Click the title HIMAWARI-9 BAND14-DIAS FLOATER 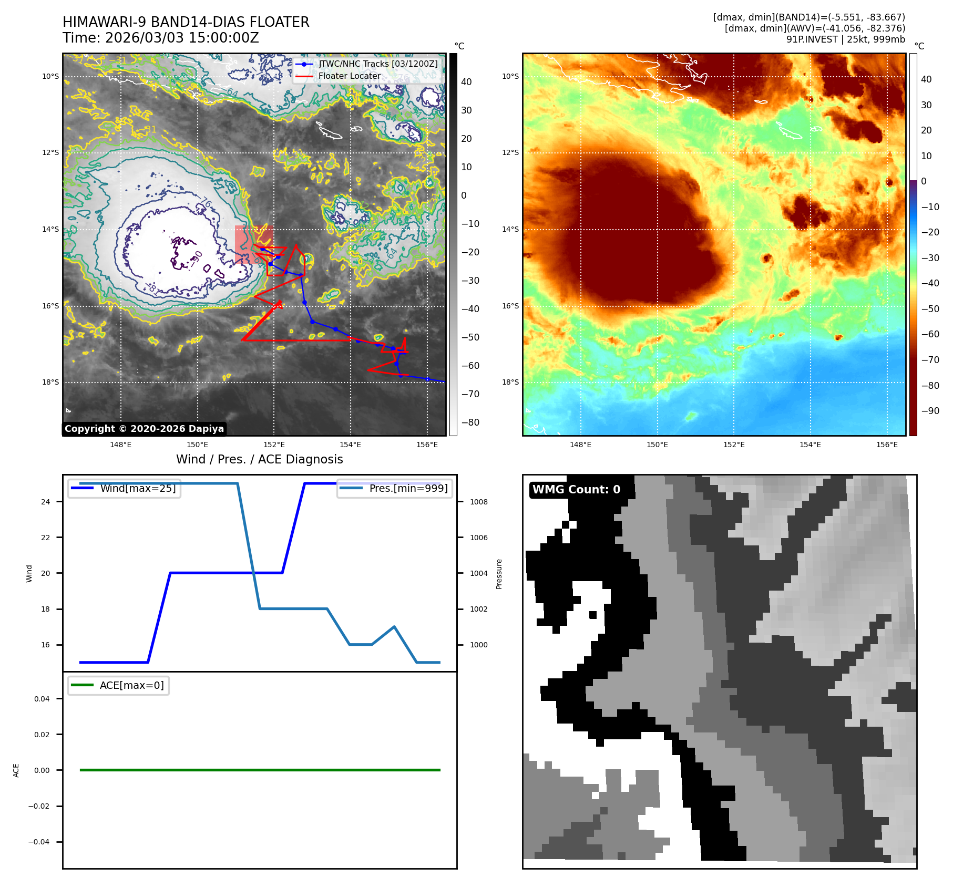point(186,22)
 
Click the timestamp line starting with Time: point(160,38)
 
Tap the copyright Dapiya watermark point(144,429)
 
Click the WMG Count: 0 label point(576,489)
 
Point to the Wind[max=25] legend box point(125,488)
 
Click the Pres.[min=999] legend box point(395,488)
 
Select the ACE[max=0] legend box point(119,685)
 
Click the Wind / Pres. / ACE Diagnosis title point(259,459)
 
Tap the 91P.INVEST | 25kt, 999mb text point(845,39)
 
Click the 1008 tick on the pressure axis point(478,502)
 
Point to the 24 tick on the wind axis point(46,502)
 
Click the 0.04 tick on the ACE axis point(42,699)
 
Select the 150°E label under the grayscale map point(197,445)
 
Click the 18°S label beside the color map point(510,382)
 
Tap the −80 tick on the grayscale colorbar point(470,422)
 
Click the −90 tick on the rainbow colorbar point(930,410)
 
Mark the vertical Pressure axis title point(499,574)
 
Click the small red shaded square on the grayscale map point(253,244)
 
